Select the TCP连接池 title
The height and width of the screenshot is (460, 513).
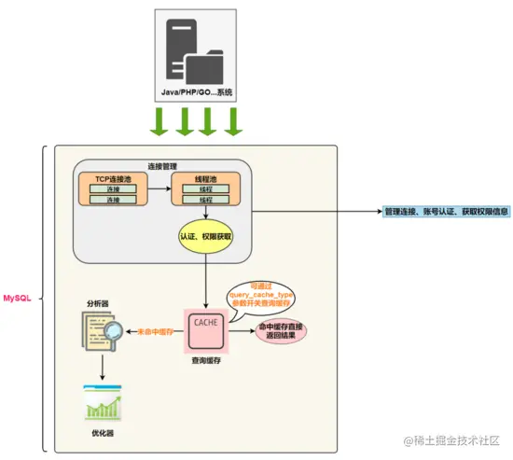116,177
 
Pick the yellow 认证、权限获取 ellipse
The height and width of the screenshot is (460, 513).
205,237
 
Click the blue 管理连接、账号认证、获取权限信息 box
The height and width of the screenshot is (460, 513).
446,212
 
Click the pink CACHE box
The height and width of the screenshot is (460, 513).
206,328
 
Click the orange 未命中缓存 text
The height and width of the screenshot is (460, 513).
157,330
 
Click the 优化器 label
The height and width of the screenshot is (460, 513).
101,434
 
